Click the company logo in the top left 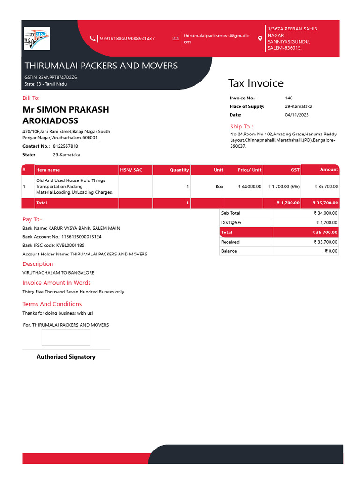[37, 38]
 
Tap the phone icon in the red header [93, 38]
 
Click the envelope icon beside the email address [176, 38]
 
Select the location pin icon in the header [260, 38]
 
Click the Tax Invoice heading [255, 83]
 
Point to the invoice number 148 [289, 98]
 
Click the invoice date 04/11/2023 [297, 115]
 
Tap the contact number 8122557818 [65, 146]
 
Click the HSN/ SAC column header [131, 170]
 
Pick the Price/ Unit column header [249, 170]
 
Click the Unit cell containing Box [219, 187]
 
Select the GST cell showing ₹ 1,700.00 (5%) [283, 187]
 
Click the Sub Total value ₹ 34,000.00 [325, 213]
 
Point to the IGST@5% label [231, 223]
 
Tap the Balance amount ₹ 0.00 [331, 251]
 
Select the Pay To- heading [32, 219]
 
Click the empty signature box [66, 337]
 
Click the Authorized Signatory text [66, 357]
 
